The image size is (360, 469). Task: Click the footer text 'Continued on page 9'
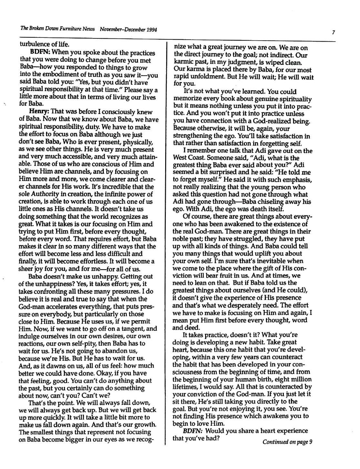287,442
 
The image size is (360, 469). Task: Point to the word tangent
136,329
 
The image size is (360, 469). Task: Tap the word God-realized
272,122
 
